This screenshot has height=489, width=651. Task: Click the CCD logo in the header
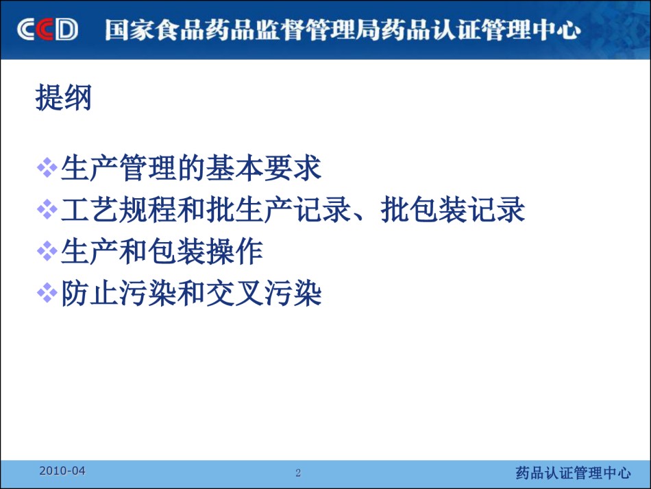click(x=47, y=29)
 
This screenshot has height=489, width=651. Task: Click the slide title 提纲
click(x=64, y=97)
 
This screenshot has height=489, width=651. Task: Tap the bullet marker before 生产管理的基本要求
click(x=47, y=168)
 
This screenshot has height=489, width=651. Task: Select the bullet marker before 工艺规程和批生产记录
click(x=47, y=209)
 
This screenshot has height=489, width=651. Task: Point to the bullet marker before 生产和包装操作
click(x=47, y=251)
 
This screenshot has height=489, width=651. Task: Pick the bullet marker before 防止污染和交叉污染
click(x=47, y=293)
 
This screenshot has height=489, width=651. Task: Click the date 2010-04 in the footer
click(x=62, y=470)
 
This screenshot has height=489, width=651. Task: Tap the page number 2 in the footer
click(x=297, y=473)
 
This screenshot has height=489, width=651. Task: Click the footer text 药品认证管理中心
click(x=574, y=473)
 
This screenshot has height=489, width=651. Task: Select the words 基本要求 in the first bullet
click(x=264, y=168)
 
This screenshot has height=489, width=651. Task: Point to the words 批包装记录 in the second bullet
click(x=453, y=209)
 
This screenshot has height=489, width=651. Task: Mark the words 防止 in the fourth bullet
click(x=90, y=293)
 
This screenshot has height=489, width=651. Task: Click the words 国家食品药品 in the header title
click(x=180, y=30)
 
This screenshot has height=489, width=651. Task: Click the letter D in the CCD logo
click(x=67, y=29)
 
